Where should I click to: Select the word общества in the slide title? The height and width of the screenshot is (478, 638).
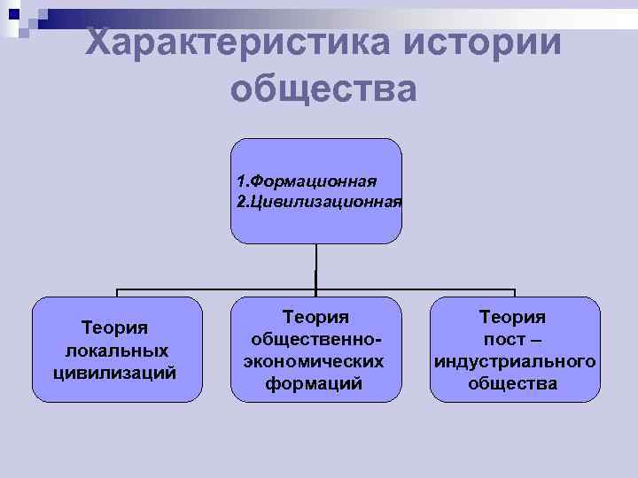(323, 89)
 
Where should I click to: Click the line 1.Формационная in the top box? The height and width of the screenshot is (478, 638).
(307, 181)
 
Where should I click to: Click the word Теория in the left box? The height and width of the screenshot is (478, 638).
(114, 328)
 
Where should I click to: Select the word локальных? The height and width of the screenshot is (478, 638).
(114, 351)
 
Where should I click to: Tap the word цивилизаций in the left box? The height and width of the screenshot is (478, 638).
(114, 372)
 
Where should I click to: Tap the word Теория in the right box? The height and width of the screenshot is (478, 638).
(512, 316)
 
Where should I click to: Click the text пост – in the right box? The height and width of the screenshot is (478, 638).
(512, 339)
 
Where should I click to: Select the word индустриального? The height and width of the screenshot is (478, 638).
(513, 361)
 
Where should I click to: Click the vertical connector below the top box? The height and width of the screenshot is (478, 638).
(316, 266)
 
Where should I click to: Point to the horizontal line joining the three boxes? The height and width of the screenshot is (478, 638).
(222, 289)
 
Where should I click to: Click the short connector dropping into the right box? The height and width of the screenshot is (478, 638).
(515, 293)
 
